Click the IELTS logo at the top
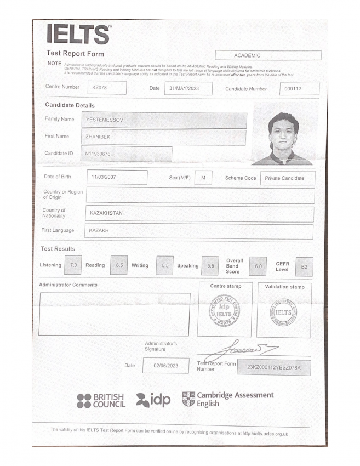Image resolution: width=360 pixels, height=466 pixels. coord(79,35)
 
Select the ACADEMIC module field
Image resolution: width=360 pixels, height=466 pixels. coord(268,55)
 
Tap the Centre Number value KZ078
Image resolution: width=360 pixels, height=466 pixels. coord(107,88)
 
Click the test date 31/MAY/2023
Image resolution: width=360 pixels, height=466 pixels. coord(188,88)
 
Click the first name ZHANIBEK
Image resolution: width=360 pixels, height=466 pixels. coord(165,137)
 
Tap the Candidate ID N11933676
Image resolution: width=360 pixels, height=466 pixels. coord(127,154)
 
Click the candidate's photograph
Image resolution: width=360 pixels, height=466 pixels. coord(283,139)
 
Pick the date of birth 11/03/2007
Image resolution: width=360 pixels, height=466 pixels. coord(117,178)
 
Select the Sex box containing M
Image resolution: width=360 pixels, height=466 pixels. coord(203,178)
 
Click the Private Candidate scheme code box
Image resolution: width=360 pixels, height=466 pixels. coord(288,178)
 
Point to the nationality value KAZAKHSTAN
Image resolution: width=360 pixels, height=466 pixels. coord(199,213)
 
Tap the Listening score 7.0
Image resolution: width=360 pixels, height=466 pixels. coord(72,265)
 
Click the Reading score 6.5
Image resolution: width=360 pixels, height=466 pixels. coord(119,265)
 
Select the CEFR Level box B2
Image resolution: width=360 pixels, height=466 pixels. coord(305,267)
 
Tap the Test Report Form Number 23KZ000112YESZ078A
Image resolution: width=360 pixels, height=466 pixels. coord(273,367)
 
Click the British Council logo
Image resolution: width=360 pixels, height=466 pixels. coord(101,400)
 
